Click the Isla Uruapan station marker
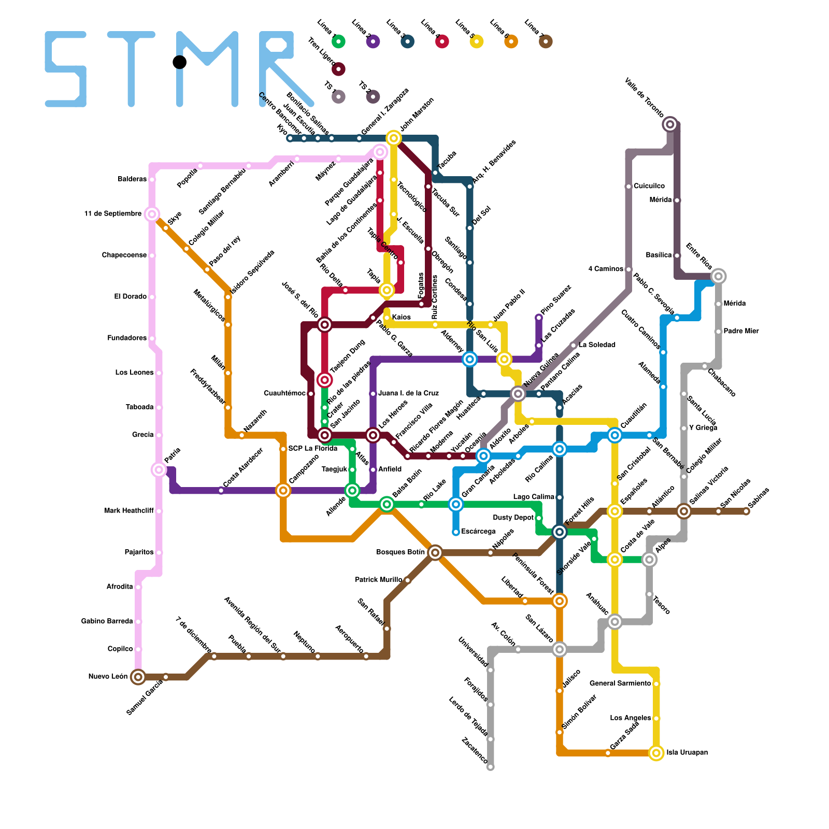pyautogui.click(x=656, y=753)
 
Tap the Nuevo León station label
pyautogui.click(x=107, y=677)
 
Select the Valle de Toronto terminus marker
pyautogui.click(x=670, y=124)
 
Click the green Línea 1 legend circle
pyautogui.click(x=338, y=41)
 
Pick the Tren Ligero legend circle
pyautogui.click(x=338, y=69)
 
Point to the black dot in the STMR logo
pyautogui.click(x=179, y=62)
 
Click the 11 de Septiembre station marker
pyautogui.click(x=152, y=214)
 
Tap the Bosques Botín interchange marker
pyautogui.click(x=435, y=553)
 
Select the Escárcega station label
pyautogui.click(x=478, y=532)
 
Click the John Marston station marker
pyautogui.click(x=394, y=138)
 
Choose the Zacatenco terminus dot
pyautogui.click(x=491, y=767)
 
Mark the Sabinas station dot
pyautogui.click(x=746, y=511)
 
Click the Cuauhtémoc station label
pyautogui.click(x=284, y=394)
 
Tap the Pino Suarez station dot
pyautogui.click(x=539, y=318)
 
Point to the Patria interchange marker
pyautogui.click(x=159, y=470)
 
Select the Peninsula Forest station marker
pyautogui.click(x=560, y=601)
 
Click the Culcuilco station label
pyautogui.click(x=649, y=186)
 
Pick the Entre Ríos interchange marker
pyautogui.click(x=718, y=276)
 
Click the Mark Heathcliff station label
pyautogui.click(x=128, y=511)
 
